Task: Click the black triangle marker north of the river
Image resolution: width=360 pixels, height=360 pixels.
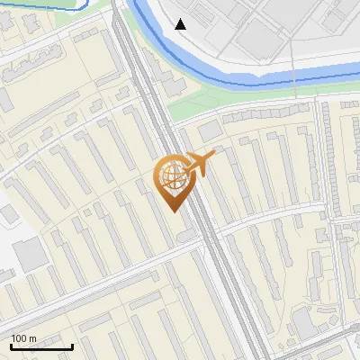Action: click(x=181, y=24)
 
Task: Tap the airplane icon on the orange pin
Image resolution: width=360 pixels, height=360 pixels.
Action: click(x=201, y=164)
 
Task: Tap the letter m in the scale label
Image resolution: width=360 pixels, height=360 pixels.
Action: click(x=33, y=338)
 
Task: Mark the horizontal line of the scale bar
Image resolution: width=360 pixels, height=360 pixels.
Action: click(x=41, y=347)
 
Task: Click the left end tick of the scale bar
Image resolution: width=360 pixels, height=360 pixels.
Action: click(x=11, y=346)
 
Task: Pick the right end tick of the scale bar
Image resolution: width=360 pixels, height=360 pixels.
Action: click(x=72, y=346)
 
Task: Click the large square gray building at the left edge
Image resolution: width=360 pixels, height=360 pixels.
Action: click(x=29, y=256)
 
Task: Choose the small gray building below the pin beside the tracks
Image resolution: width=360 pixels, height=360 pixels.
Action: click(x=185, y=236)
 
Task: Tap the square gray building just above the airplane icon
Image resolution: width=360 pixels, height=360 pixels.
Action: click(x=209, y=131)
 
